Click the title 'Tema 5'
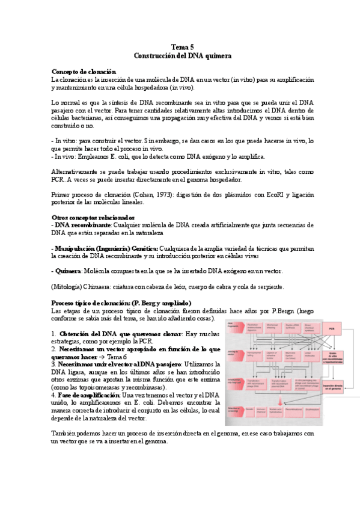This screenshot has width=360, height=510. coord(183,46)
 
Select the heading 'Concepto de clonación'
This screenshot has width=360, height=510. coord(84,71)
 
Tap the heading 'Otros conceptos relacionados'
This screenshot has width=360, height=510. coord(93,217)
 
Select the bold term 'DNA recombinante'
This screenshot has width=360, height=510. coord(83,225)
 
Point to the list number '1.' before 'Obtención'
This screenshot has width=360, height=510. coord(54,333)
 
